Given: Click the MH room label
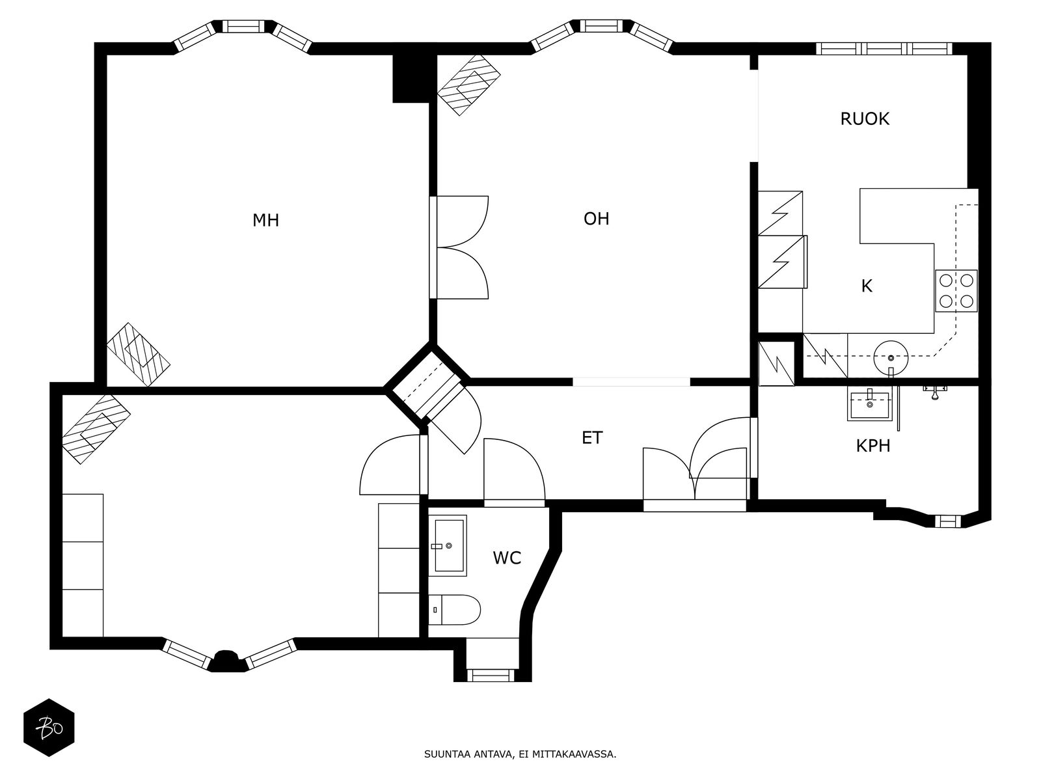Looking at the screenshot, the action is click(x=265, y=221).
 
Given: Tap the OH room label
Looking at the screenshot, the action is click(x=596, y=219).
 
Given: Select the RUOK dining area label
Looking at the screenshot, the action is click(x=865, y=119).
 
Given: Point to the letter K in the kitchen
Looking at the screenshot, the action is click(x=867, y=286).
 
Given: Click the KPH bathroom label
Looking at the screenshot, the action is click(x=872, y=446).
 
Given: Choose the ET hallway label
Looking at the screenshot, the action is click(x=592, y=437).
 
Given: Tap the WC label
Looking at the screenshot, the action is click(x=507, y=558).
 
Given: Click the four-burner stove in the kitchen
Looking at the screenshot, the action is click(x=956, y=291).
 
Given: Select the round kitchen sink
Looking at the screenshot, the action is click(x=891, y=358).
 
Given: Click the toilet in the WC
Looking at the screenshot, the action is click(x=454, y=610).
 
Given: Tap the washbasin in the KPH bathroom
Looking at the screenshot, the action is click(x=869, y=403).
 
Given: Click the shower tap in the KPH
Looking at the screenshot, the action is click(x=934, y=391).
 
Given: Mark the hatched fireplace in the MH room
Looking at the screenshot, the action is click(x=138, y=354).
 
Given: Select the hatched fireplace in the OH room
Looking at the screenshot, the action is click(x=468, y=85).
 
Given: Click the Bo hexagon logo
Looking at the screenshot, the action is click(x=49, y=728).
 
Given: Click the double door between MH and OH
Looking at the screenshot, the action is click(x=459, y=247).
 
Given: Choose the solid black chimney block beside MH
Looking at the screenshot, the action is click(x=412, y=77).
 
